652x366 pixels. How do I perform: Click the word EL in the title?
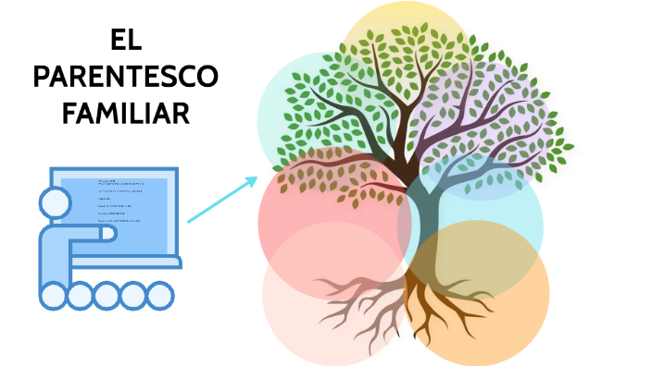(x=125, y=40)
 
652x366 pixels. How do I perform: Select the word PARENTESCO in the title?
(x=125, y=77)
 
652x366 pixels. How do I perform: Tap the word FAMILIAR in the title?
(x=125, y=113)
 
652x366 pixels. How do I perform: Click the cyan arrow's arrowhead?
(x=252, y=180)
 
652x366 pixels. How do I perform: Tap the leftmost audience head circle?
(x=53, y=296)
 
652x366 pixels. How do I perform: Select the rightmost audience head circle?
(x=160, y=296)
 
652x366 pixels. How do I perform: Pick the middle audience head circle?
(x=107, y=296)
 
